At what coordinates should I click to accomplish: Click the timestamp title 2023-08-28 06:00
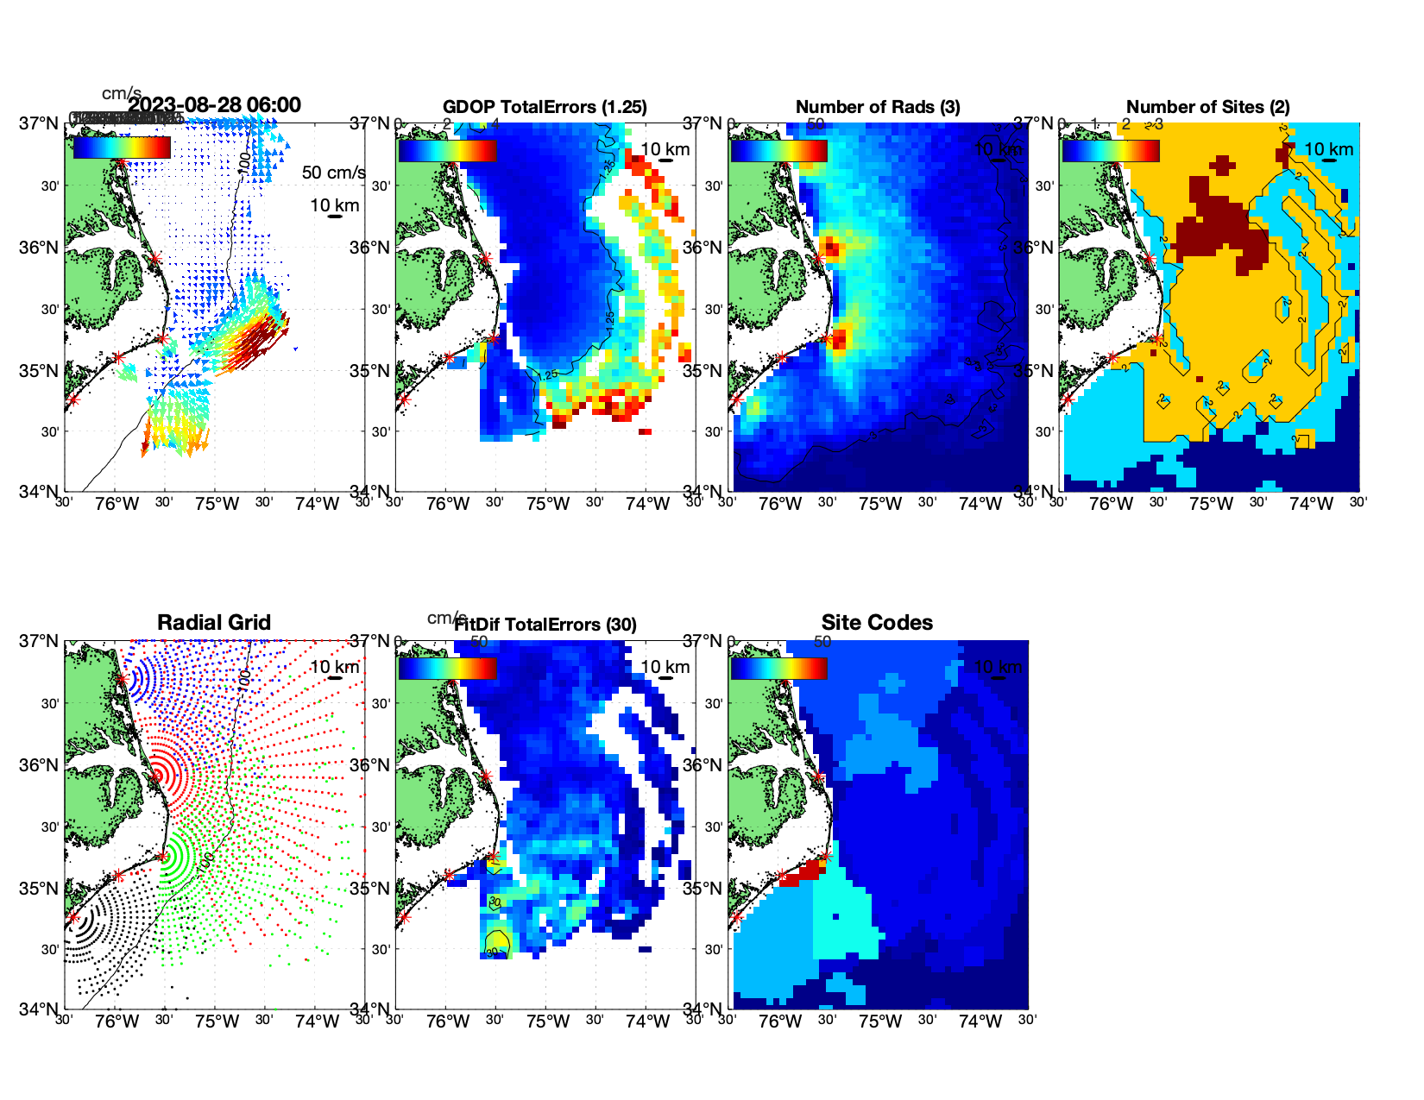(x=215, y=105)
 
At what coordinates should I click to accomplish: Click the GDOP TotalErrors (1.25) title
(x=545, y=107)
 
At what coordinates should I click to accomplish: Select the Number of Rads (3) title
(x=878, y=107)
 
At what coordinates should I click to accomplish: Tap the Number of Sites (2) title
(x=1208, y=107)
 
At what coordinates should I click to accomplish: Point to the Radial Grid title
(x=214, y=623)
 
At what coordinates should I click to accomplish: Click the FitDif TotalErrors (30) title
(x=545, y=625)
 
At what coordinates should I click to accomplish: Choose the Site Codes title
(x=877, y=623)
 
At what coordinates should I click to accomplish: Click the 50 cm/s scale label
(x=333, y=173)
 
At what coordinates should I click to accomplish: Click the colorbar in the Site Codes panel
(x=778, y=669)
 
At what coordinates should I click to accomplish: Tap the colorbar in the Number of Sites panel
(x=1111, y=150)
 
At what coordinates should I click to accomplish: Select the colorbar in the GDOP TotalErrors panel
(x=447, y=150)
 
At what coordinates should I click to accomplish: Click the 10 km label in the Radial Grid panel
(x=334, y=667)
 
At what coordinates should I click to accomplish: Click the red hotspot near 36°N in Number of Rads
(x=831, y=249)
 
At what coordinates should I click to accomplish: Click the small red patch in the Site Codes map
(x=801, y=872)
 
